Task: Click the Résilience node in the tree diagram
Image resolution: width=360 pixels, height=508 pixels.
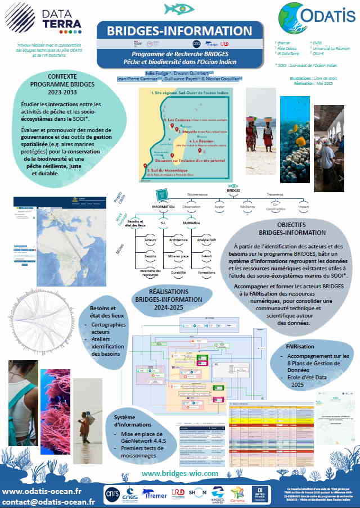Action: click(x=248, y=206)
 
